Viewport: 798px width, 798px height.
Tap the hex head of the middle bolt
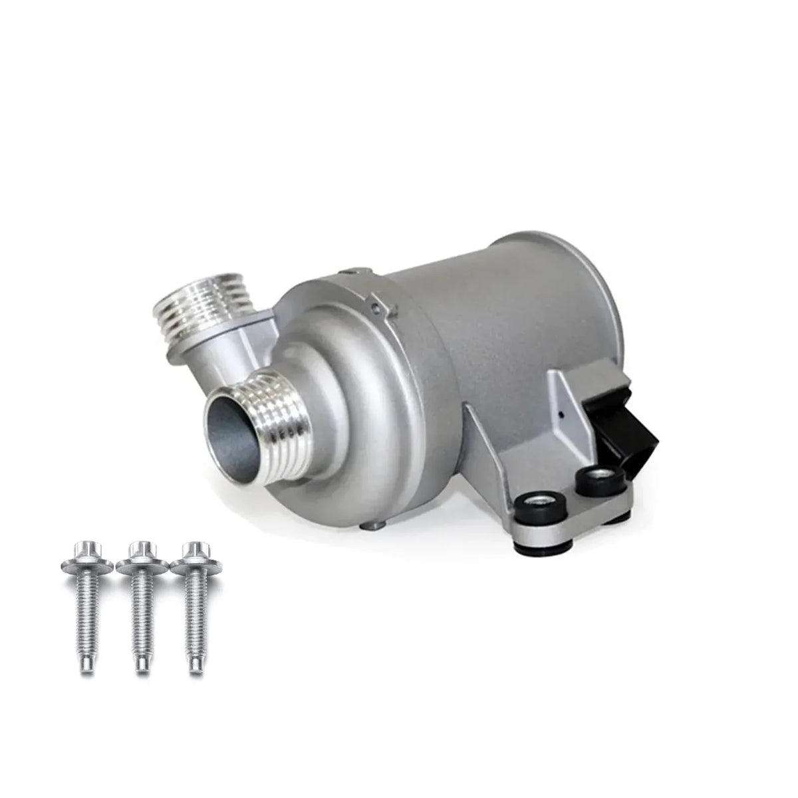pos(139,551)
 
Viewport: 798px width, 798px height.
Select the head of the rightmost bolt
pos(194,551)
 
